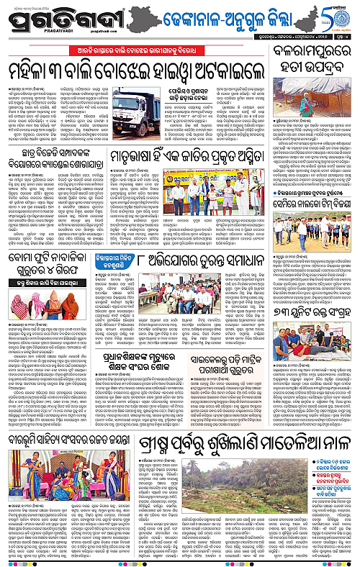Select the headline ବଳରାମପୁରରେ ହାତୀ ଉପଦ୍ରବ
tap(307, 58)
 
